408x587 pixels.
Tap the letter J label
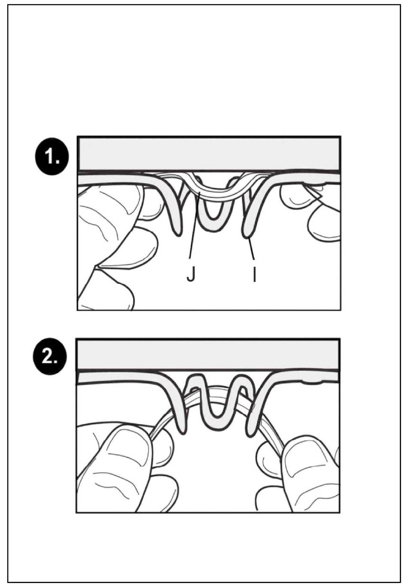click(x=191, y=275)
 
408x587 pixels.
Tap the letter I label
click(x=254, y=275)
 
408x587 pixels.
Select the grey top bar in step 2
click(x=208, y=355)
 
